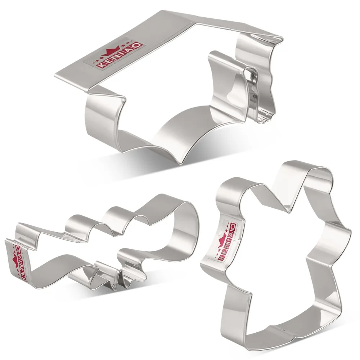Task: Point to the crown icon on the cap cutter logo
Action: pos(111,52)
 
